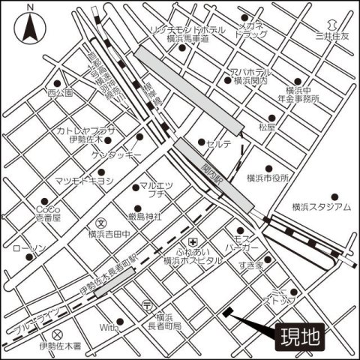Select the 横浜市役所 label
coord(267,178)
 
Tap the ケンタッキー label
coord(116,155)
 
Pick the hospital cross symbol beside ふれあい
coord(193,241)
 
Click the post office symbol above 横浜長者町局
coord(147,305)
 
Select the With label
coord(109,328)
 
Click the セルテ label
coord(220,143)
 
